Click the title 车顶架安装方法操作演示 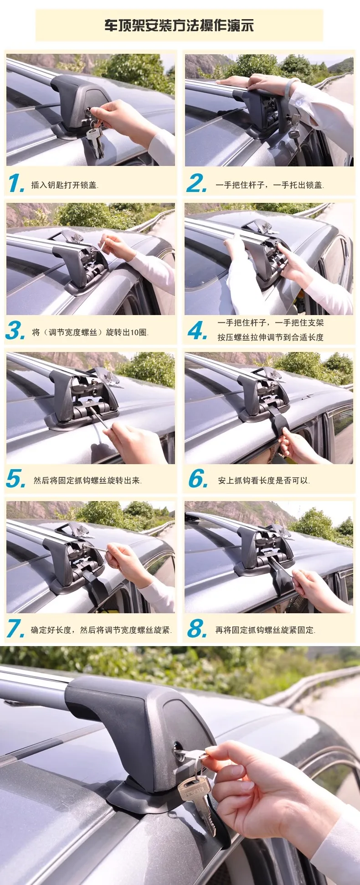pos(179,25)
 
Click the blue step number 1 pos(16,183)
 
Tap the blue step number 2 pos(196,183)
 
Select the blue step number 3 pos(15,330)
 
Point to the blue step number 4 pos(198,330)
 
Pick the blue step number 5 pos(16,479)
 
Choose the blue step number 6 pos(198,479)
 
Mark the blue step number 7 pos(15,629)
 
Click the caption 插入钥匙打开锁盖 pos(65,185)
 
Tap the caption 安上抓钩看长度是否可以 pos(264,481)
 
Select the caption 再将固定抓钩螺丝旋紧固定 pos(265,630)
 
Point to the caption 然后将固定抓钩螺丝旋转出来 pos(87,481)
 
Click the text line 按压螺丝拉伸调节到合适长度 pos(270,337)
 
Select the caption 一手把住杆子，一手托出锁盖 pos(269,185)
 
